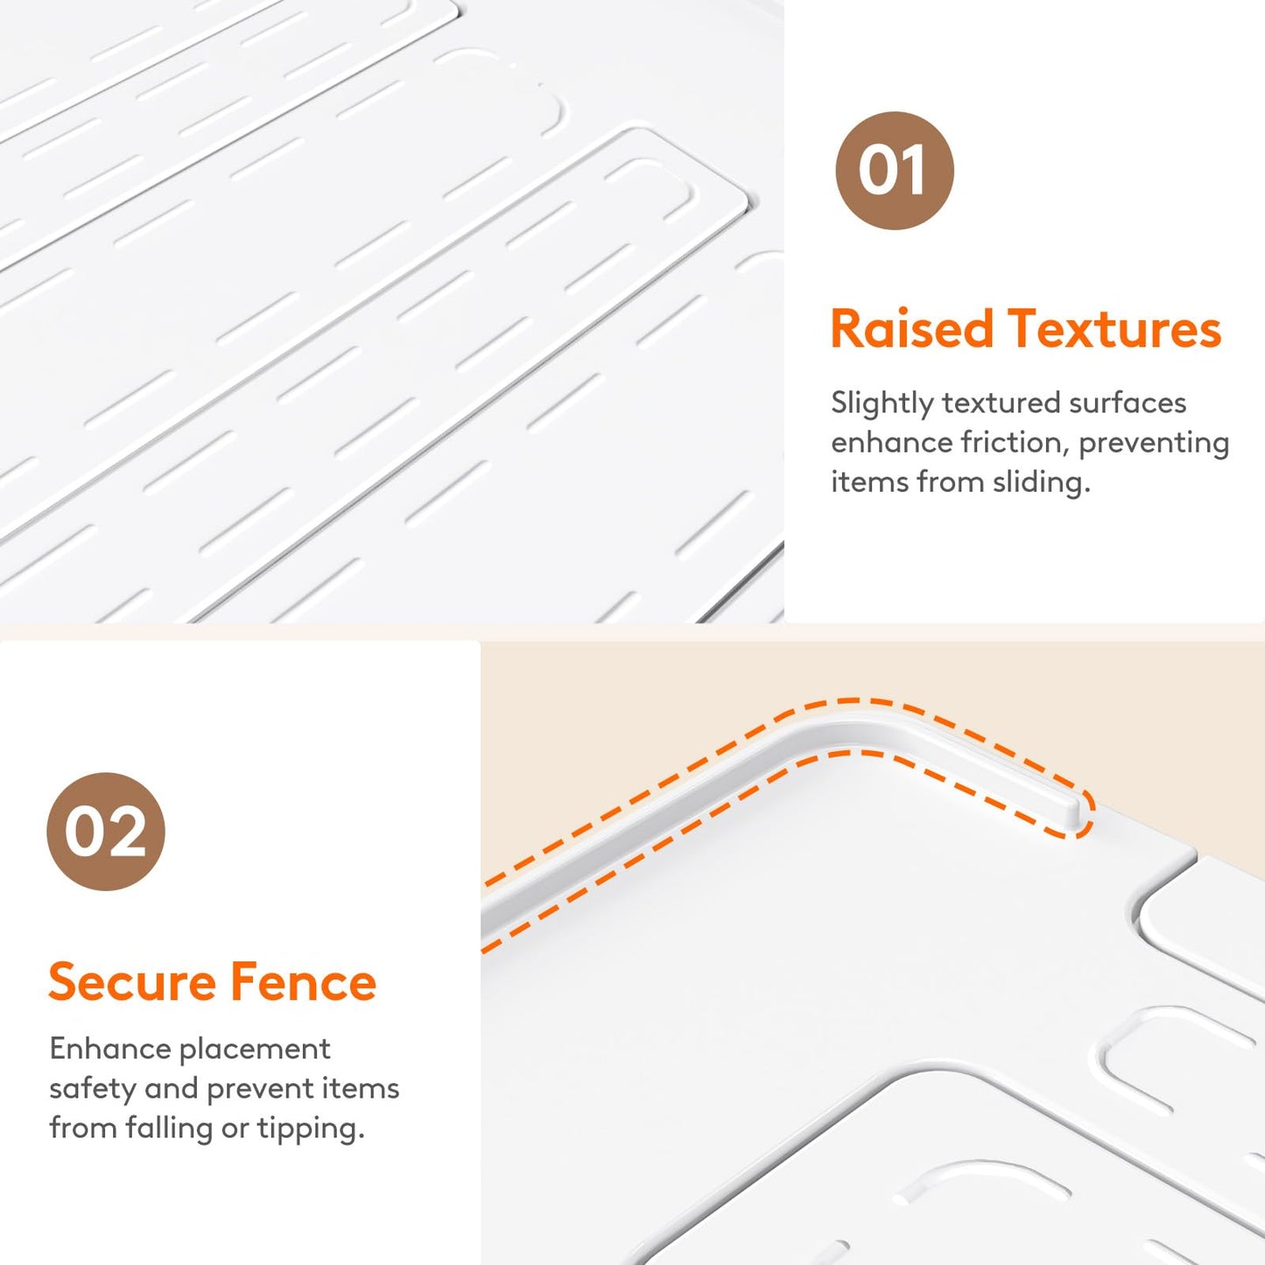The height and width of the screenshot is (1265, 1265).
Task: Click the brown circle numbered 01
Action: coord(894,171)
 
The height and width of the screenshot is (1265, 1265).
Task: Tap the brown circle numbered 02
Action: coord(106,831)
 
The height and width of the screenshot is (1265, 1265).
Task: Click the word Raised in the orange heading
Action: coord(912,328)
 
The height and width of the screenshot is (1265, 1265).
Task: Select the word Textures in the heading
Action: coord(1114,328)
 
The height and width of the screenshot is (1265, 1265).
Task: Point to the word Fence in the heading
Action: coord(303,982)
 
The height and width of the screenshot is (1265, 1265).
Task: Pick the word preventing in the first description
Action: coord(1154,444)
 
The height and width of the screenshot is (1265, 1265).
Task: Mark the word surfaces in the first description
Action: coord(1128,404)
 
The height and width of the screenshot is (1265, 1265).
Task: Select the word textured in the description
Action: coord(1000,404)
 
